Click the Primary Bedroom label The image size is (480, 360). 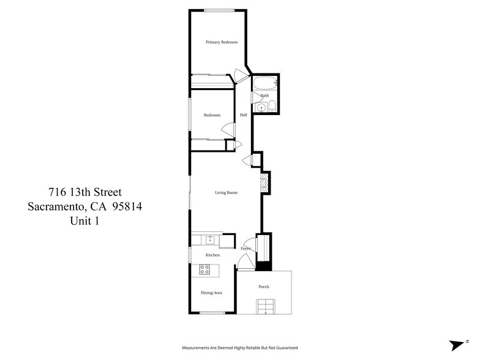tap(222, 42)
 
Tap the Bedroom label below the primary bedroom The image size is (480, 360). tap(212, 115)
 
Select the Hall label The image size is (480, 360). tap(244, 115)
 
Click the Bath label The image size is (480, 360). tap(264, 96)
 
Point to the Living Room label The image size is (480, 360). tap(226, 193)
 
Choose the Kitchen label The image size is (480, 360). tap(212, 255)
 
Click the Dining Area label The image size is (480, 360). tap(211, 293)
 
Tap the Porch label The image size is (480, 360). tap(264, 287)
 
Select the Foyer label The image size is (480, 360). tap(246, 249)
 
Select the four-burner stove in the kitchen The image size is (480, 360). tap(205, 269)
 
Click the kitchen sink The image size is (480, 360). tap(209, 239)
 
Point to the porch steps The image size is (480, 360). tap(264, 306)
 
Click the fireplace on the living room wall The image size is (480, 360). tap(265, 182)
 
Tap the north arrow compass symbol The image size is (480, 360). tap(458, 345)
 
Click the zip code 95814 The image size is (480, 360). tap(125, 207)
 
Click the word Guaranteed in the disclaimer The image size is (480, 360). tap(285, 348)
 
